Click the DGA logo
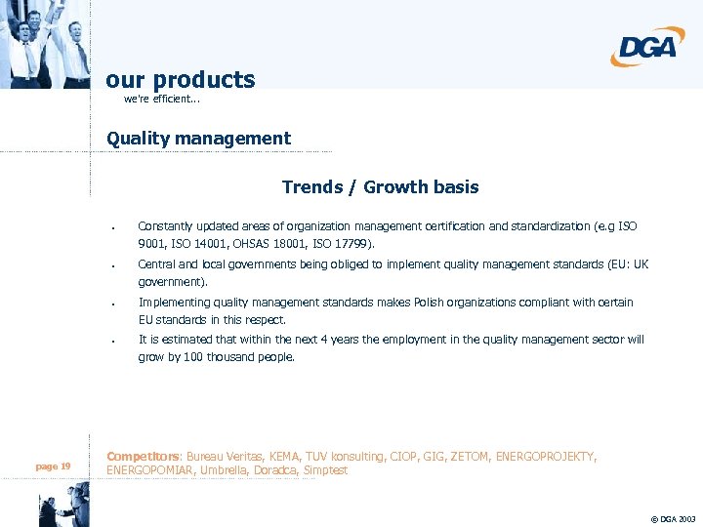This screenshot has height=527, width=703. click(x=647, y=47)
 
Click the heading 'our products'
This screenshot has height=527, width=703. click(x=181, y=80)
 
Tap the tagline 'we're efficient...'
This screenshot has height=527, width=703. click(x=162, y=100)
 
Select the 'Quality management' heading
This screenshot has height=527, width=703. click(x=198, y=139)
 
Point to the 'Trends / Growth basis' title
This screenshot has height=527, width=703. click(x=380, y=186)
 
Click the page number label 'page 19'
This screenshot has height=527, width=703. click(x=53, y=466)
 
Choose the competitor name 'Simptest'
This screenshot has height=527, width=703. click(x=325, y=470)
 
